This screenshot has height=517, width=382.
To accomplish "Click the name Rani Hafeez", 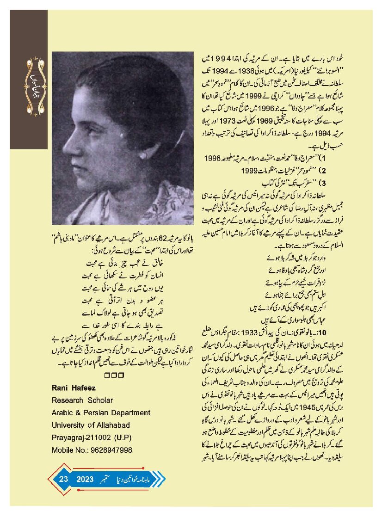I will (74, 387).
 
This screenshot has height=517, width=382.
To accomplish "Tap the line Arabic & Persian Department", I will (101, 412).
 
